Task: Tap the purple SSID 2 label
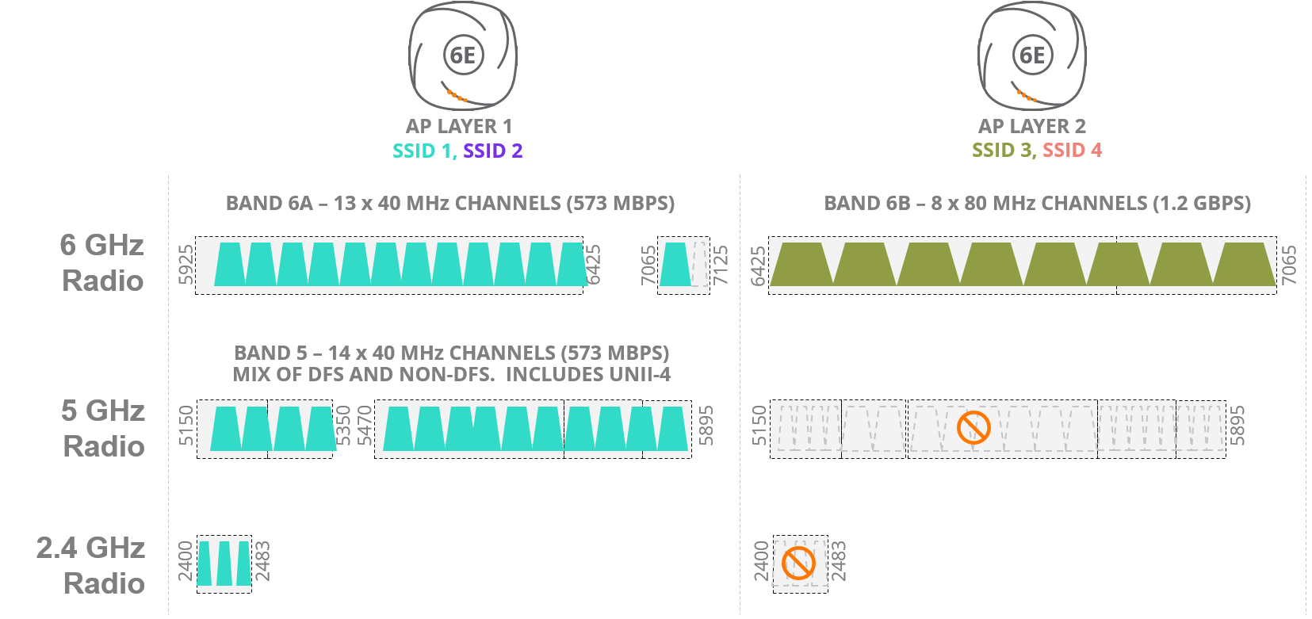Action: [x=492, y=151]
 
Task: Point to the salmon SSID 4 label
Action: [x=1072, y=150]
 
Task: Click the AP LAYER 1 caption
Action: [x=459, y=126]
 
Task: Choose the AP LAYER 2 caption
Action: [x=1032, y=126]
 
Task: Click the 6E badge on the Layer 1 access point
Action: [x=463, y=55]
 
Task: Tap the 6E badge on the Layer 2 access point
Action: [x=1032, y=55]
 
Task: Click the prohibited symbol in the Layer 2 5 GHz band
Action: [x=973, y=428]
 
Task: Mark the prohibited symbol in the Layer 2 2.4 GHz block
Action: [x=798, y=564]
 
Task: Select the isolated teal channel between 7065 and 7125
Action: [x=675, y=265]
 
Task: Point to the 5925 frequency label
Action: [x=186, y=265]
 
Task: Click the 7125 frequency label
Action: [x=721, y=265]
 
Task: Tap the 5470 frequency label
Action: [x=365, y=426]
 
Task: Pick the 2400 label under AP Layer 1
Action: [x=186, y=561]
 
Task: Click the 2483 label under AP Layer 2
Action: [x=839, y=561]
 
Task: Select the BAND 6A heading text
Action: [x=450, y=204]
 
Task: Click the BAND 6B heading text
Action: [x=1037, y=204]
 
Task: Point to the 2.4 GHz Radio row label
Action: [x=91, y=565]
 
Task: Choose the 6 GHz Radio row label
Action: [x=102, y=262]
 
